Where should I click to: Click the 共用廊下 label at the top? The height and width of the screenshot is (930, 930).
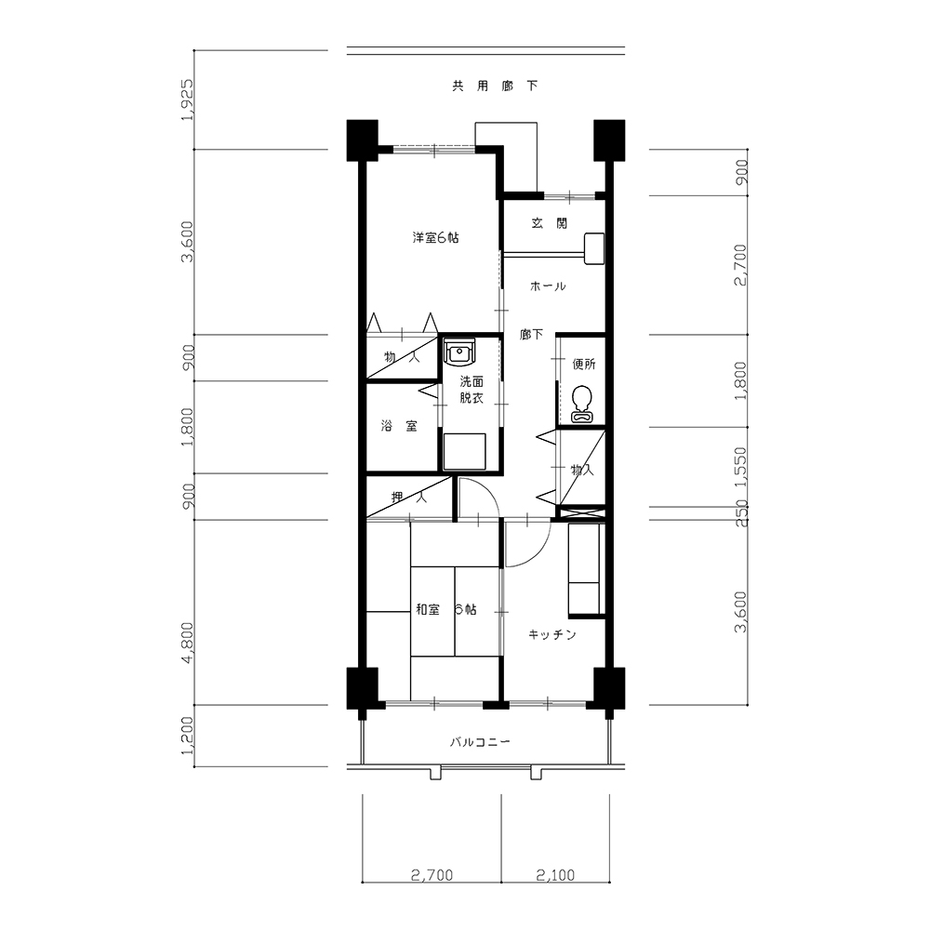coord(496,86)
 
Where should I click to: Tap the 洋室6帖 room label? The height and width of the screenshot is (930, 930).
coord(435,238)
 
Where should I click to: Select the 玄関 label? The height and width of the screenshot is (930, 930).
coord(550,223)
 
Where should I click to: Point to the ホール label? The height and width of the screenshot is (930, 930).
coord(548,286)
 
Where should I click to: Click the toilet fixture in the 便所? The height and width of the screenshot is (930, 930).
coord(582,405)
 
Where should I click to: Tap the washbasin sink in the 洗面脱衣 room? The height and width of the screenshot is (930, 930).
coord(459,352)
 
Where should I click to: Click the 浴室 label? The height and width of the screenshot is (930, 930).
coord(399,426)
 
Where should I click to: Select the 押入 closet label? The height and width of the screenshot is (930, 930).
coord(408,497)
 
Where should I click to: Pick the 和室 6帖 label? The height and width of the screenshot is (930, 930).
coord(446,609)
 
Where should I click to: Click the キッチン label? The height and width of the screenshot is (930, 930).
coord(552,635)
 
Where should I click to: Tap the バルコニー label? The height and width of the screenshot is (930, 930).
coord(480,742)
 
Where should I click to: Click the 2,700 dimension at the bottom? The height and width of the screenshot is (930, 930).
coord(432,875)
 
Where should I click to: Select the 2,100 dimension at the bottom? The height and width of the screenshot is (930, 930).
coord(556,875)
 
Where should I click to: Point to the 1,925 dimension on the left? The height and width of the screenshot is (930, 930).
coord(188,100)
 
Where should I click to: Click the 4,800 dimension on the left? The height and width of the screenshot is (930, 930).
coord(188,643)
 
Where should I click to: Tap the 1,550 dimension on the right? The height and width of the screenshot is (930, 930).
coord(741,468)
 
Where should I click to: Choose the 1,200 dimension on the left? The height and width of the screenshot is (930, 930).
coord(188,736)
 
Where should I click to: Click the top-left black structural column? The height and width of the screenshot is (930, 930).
coord(363,140)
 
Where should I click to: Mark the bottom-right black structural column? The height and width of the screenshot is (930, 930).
coord(609,688)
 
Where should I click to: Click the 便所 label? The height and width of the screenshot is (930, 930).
coord(584,365)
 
